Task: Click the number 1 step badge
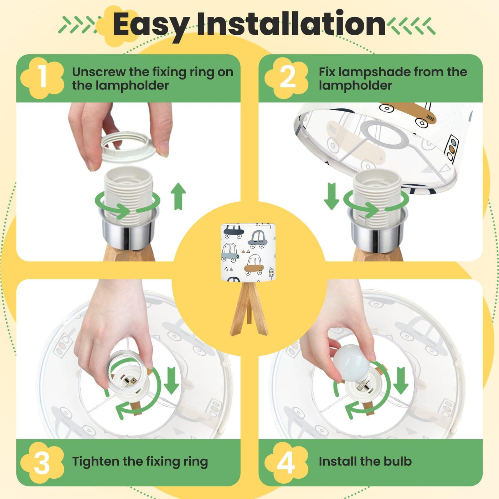(42, 78)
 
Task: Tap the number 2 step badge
(287, 78)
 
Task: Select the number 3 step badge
(42, 462)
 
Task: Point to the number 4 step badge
(287, 462)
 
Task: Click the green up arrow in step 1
(178, 196)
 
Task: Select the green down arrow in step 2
(332, 196)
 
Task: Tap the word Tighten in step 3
(95, 462)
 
